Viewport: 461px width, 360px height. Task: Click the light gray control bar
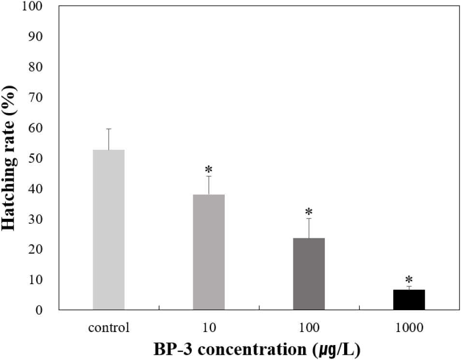(x=109, y=230)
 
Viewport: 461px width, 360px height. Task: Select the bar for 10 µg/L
(x=209, y=252)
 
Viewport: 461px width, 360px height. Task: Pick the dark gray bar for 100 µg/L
(x=309, y=274)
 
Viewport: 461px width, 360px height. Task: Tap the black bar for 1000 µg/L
(x=409, y=300)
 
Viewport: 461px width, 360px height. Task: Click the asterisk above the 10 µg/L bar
(x=209, y=170)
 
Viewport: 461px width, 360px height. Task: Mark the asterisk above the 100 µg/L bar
(x=309, y=212)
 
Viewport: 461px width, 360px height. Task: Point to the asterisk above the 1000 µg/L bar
(x=409, y=280)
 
